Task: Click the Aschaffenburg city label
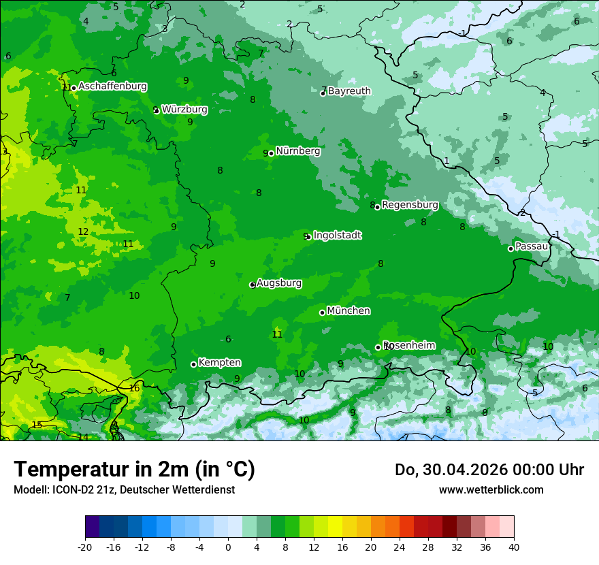pyautogui.click(x=112, y=86)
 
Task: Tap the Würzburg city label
pyautogui.click(x=184, y=109)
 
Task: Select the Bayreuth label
pyautogui.click(x=349, y=91)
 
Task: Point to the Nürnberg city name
pyautogui.click(x=297, y=151)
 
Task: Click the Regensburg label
pyautogui.click(x=410, y=204)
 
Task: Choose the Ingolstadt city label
pyautogui.click(x=337, y=236)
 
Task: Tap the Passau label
pyautogui.click(x=531, y=246)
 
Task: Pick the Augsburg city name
pyautogui.click(x=278, y=283)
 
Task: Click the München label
pyautogui.click(x=349, y=311)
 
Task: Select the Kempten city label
pyautogui.click(x=219, y=363)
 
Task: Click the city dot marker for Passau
pyautogui.click(x=511, y=248)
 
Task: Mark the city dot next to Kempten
pyautogui.click(x=193, y=364)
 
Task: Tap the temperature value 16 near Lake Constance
pyautogui.click(x=134, y=388)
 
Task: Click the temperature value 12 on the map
pyautogui.click(x=83, y=231)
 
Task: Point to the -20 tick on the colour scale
pyautogui.click(x=85, y=547)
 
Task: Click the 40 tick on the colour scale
pyautogui.click(x=513, y=547)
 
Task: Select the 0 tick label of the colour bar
pyautogui.click(x=228, y=547)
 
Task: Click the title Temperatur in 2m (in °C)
pyautogui.click(x=134, y=469)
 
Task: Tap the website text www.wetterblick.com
pyautogui.click(x=491, y=489)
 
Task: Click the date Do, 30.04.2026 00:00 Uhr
pyautogui.click(x=489, y=470)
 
